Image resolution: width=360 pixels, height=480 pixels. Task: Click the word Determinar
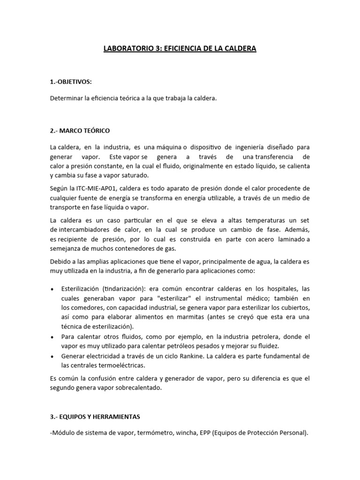point(65,99)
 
